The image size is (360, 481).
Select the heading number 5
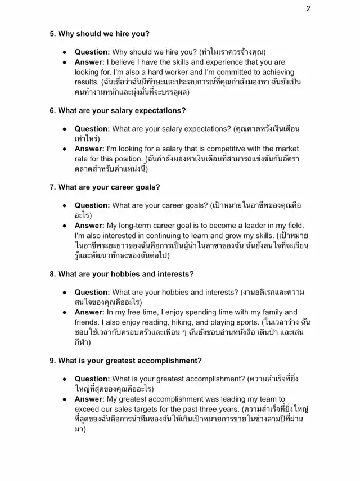[53, 34]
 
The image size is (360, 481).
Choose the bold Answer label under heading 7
[89, 224]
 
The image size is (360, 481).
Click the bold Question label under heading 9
[92, 379]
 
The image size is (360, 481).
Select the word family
[268, 312]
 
